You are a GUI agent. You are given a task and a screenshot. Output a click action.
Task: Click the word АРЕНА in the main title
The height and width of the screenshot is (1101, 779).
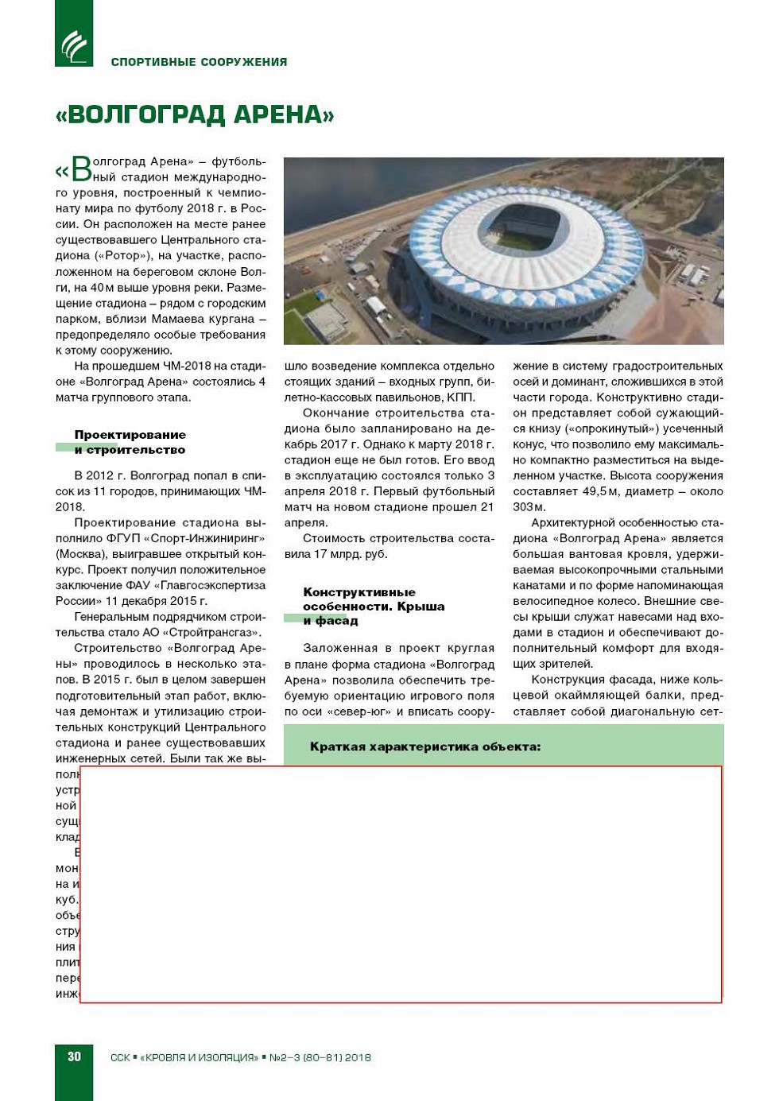[275, 114]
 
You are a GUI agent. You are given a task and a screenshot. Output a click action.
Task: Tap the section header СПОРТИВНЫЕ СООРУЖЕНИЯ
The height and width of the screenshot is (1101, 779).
[199, 62]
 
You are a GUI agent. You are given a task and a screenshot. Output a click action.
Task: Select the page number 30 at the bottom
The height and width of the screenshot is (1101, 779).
[74, 1056]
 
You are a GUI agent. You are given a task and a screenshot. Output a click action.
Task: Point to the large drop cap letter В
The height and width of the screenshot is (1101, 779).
[81, 169]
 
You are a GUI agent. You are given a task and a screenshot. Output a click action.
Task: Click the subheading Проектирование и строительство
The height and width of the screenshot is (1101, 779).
[130, 442]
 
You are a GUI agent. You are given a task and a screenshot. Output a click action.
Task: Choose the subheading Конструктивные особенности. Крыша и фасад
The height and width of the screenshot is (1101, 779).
[373, 606]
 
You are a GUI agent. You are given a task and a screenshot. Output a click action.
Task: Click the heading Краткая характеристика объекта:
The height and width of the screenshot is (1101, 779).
[424, 746]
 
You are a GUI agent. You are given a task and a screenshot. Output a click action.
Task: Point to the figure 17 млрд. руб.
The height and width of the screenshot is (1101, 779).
[351, 554]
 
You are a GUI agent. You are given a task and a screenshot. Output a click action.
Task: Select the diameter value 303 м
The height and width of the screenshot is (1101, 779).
[529, 507]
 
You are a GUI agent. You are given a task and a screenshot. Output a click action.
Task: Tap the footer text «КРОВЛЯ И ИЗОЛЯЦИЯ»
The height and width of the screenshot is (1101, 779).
[199, 1057]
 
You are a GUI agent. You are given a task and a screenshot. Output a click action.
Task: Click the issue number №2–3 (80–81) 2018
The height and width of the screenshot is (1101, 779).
[320, 1057]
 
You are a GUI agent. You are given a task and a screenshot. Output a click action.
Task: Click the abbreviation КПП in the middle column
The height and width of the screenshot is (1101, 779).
[461, 397]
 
